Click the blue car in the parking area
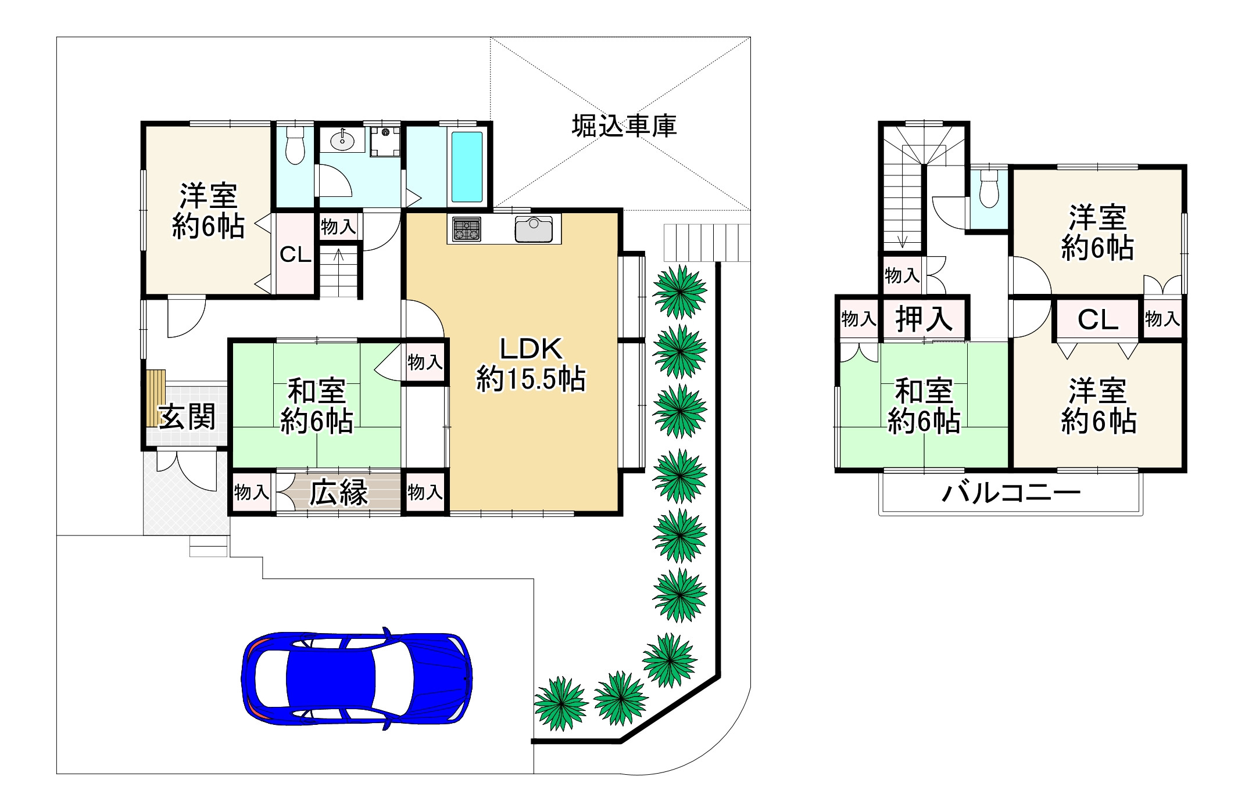[356, 678]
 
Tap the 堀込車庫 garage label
[624, 126]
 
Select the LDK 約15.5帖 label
[531, 364]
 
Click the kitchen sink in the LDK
[533, 229]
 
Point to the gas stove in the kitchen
[467, 229]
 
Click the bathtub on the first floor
[467, 167]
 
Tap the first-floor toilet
[295, 145]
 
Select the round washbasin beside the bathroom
[343, 140]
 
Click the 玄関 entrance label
[187, 416]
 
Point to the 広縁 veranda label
[338, 493]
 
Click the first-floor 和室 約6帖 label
[317, 406]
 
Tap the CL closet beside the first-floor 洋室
[295, 254]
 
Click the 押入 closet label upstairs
[924, 319]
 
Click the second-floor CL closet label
[1097, 319]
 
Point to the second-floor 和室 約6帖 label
[924, 406]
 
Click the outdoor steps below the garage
[706, 243]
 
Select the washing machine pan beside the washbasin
[385, 141]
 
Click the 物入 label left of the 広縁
[251, 493]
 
